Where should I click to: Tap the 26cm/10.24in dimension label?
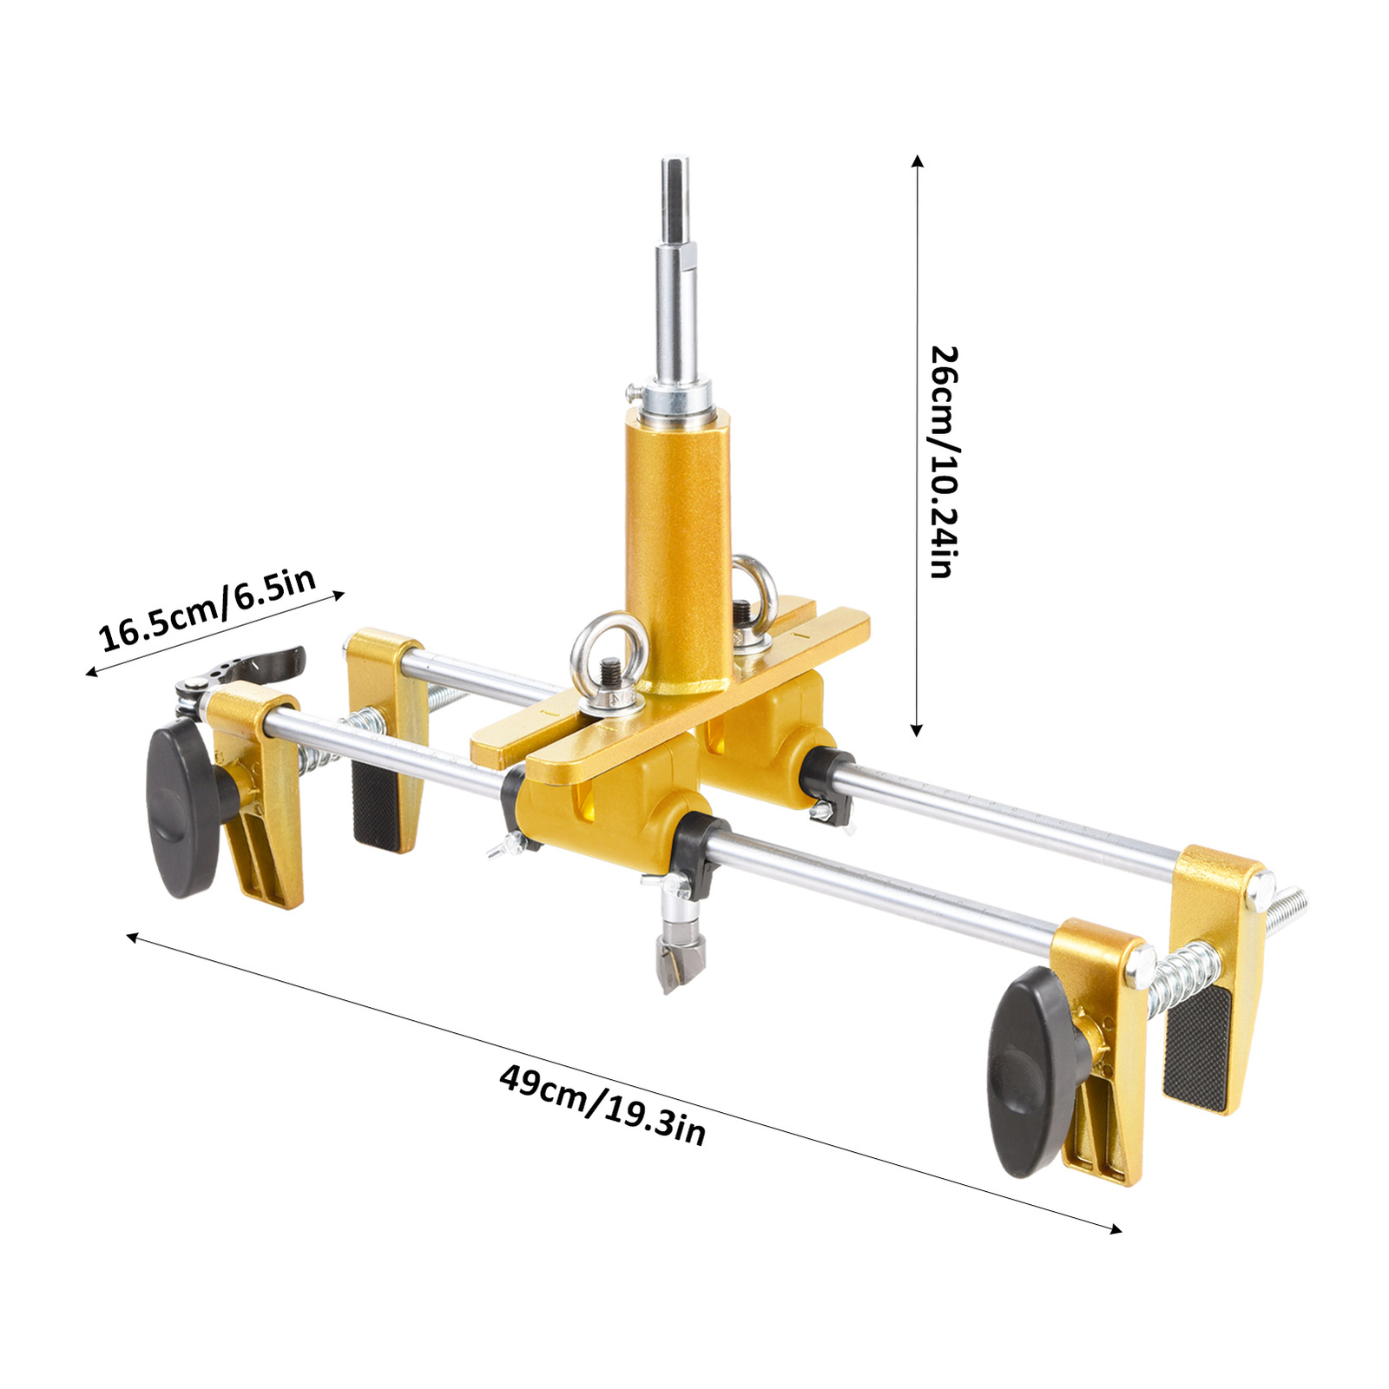(x=944, y=461)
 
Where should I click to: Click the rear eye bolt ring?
(x=752, y=590)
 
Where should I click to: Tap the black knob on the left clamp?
(x=187, y=811)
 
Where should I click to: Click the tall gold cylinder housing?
(x=677, y=551)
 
